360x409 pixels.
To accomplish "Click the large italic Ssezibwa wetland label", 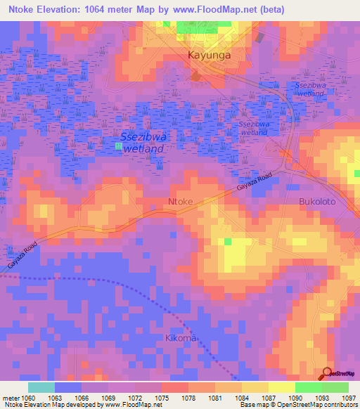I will pos(143,143).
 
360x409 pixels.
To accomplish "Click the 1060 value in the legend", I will pos(29,397).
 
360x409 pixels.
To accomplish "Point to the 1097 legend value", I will pos(349,397).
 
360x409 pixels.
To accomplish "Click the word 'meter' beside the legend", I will pos(10,397).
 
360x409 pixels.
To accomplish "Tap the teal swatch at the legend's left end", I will pos(41,387).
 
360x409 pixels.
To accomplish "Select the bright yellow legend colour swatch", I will pos(281,387).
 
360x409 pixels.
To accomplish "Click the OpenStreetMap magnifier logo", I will pos(327,373).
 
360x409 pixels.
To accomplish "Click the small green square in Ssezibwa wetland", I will pos(117,146).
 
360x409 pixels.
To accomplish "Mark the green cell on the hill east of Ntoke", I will pos(227,242).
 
